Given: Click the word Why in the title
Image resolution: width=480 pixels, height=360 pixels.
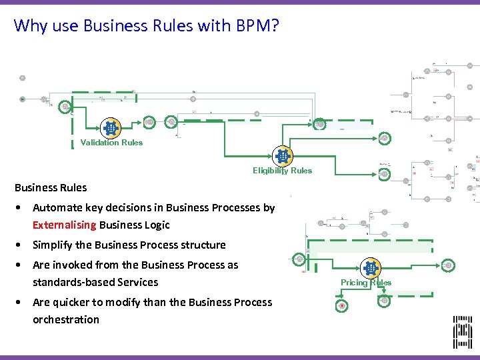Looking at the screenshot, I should (28, 26).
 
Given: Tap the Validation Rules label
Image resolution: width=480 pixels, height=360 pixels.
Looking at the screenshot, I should (111, 142).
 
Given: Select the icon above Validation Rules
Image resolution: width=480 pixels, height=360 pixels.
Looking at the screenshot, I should (110, 127).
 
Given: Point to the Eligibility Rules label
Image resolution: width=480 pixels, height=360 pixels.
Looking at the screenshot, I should (282, 170).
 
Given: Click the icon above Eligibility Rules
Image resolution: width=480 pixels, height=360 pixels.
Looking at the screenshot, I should (283, 156).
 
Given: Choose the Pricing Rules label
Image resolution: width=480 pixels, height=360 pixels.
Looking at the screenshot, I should (366, 282).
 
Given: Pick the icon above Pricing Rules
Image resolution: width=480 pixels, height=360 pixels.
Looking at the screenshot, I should (370, 268).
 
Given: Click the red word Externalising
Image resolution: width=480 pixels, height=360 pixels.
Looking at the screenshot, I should (64, 225).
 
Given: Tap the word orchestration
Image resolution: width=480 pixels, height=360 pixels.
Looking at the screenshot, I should (66, 319).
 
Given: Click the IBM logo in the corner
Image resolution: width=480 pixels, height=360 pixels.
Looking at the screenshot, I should (463, 332).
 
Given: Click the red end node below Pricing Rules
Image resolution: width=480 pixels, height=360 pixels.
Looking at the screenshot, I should (342, 305).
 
